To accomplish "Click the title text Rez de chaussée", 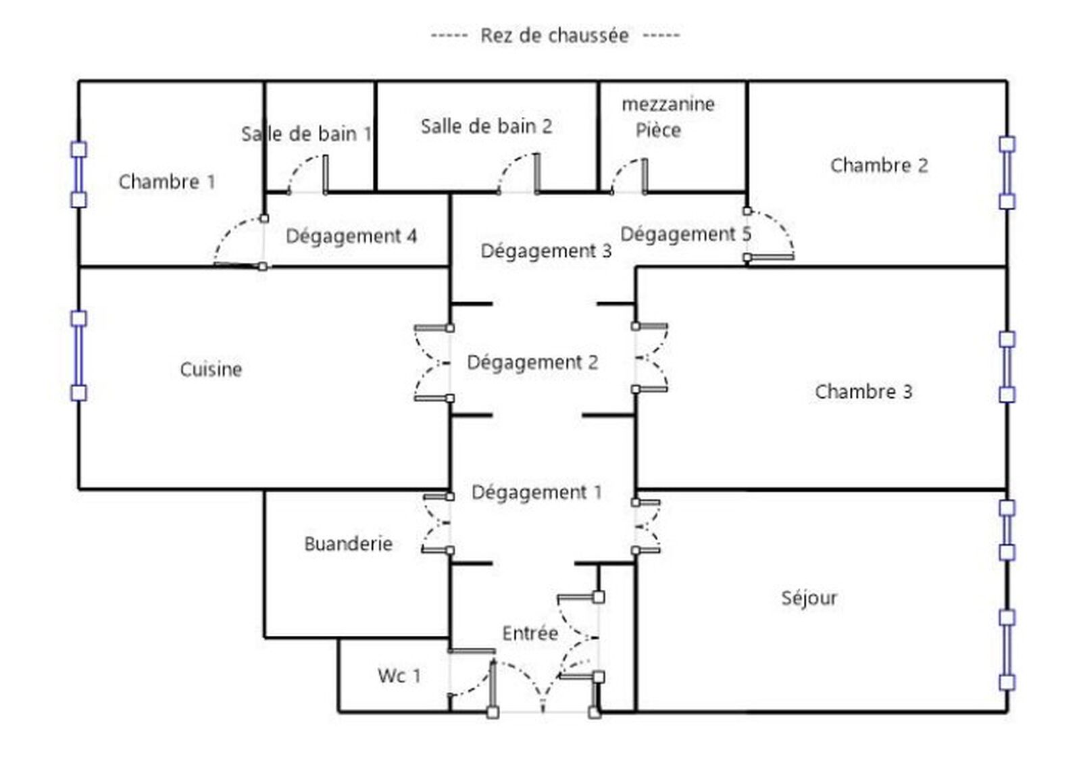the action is point(555,35).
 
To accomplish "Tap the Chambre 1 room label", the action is point(167,182).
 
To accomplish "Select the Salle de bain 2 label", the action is point(486,126).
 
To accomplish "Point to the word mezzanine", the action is point(668,104).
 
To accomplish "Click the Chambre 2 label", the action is point(879,166).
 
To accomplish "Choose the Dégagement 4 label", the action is point(351,236).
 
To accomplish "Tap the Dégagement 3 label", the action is point(547,251).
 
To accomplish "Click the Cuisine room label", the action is point(211,370).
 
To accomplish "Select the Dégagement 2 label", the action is point(533,362).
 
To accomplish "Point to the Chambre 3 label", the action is point(864,392).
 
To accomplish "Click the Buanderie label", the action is point(349,544).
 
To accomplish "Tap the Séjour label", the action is point(809,598).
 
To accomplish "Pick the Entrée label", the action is point(530,633).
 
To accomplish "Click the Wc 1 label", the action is point(399,676).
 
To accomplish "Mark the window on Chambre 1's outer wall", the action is point(78,175).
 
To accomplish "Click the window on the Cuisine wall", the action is point(78,356).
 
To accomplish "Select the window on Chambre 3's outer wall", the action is point(1007,367).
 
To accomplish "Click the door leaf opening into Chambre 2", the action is point(770,257).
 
